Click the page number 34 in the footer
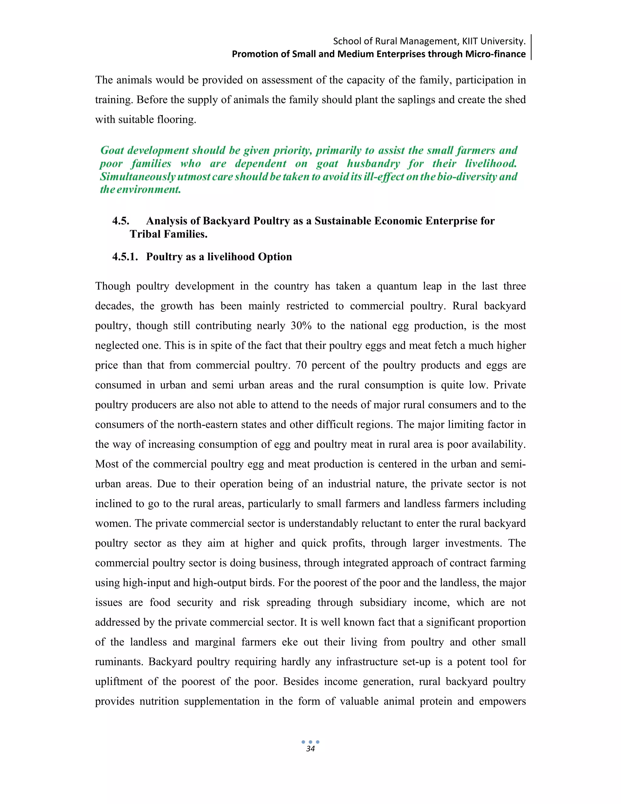310,749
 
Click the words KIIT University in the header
494,41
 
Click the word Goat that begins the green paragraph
112,150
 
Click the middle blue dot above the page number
310,742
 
